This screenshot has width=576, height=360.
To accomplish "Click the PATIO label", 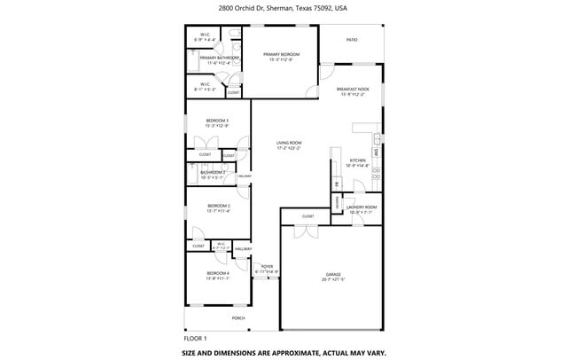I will pyautogui.click(x=352, y=40).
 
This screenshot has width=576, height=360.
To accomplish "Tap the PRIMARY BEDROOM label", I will pyautogui.click(x=282, y=54).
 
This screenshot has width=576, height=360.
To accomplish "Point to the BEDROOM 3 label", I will pyautogui.click(x=217, y=121).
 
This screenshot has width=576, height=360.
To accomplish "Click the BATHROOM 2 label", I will pyautogui.click(x=212, y=172).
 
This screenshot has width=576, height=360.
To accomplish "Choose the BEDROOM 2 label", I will pyautogui.click(x=217, y=206).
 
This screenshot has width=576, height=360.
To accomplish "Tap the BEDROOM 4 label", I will pyautogui.click(x=217, y=273).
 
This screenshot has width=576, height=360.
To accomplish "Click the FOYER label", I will pyautogui.click(x=267, y=266).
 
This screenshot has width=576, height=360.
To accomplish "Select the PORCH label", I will pyautogui.click(x=238, y=317).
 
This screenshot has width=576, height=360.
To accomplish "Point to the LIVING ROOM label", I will pyautogui.click(x=289, y=143).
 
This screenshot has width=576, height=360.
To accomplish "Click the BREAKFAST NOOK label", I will pyautogui.click(x=351, y=89).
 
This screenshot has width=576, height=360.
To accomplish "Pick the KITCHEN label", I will pyautogui.click(x=356, y=160).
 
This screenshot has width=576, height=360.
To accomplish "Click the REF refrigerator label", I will pyautogui.click(x=337, y=184).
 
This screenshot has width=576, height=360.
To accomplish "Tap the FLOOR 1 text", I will pyautogui.click(x=195, y=338).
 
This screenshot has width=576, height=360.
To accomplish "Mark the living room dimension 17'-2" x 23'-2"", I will pyautogui.click(x=289, y=148).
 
